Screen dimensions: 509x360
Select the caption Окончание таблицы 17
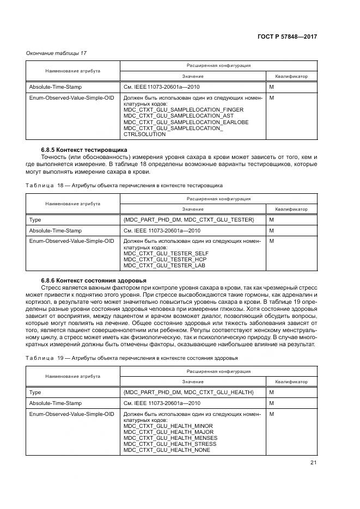[57, 53]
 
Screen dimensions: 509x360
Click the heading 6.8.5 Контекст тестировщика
[84, 149]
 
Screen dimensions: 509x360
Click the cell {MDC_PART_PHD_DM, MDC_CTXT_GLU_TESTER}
[188, 219]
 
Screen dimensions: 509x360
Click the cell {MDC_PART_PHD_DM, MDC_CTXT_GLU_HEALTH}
[188, 392]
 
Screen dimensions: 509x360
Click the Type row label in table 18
[35, 219]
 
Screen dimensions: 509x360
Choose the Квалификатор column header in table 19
[291, 382]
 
